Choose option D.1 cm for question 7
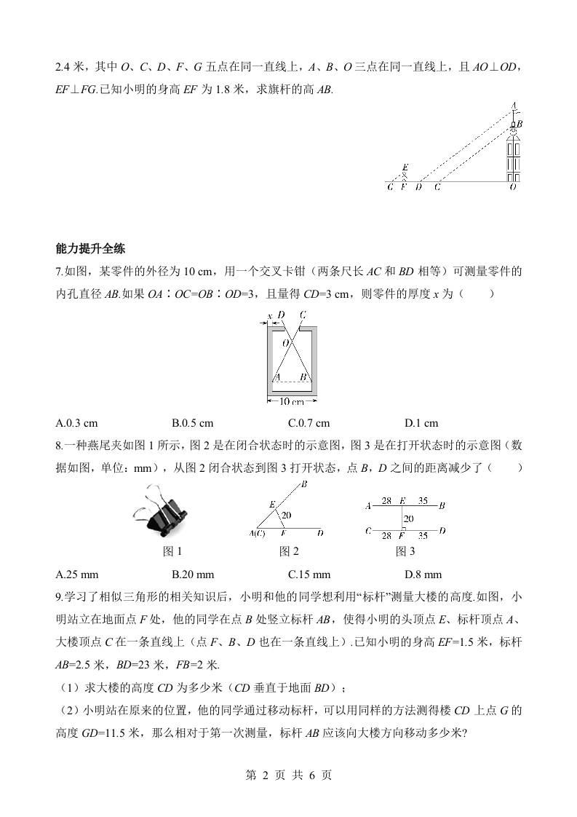tap(421, 424)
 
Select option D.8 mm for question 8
tap(423, 574)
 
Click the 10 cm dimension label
tap(292, 400)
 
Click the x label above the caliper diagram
tap(270, 315)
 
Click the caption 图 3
tap(405, 551)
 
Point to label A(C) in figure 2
tap(256, 534)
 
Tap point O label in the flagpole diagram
tap(513, 187)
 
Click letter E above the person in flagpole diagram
tap(405, 167)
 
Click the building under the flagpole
tap(514, 157)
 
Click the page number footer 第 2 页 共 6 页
tap(288, 775)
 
